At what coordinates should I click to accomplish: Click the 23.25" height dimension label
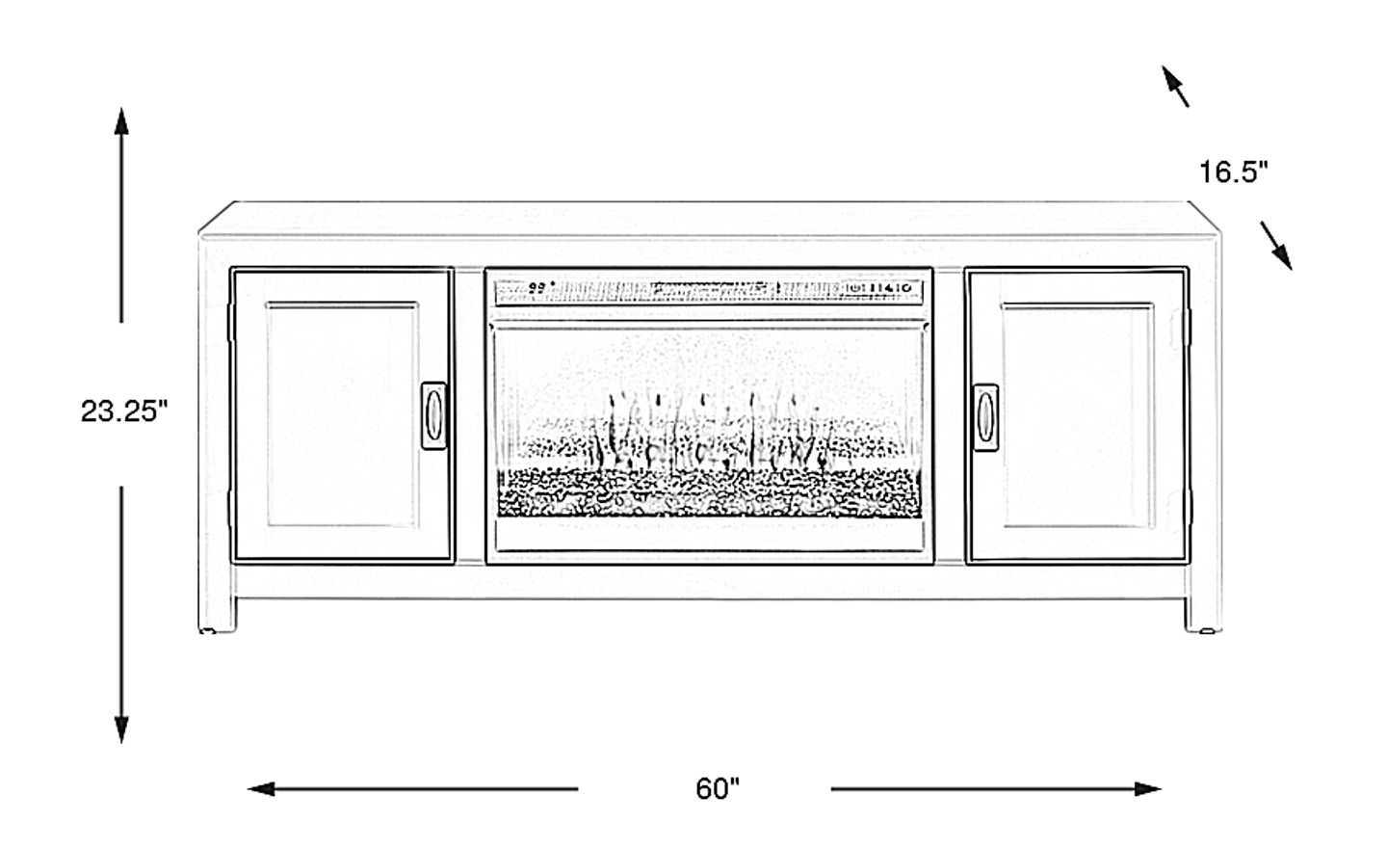[123, 412]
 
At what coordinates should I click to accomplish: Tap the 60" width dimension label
[718, 789]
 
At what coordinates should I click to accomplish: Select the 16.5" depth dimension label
[1233, 172]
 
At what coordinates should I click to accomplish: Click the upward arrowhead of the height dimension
[121, 120]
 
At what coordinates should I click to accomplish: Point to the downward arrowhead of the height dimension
[121, 729]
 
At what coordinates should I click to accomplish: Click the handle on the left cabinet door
[434, 414]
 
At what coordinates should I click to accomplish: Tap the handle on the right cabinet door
[985, 415]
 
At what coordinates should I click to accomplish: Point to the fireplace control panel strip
[710, 288]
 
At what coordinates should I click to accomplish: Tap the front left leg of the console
[217, 612]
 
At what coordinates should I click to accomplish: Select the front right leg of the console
[1202, 612]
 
